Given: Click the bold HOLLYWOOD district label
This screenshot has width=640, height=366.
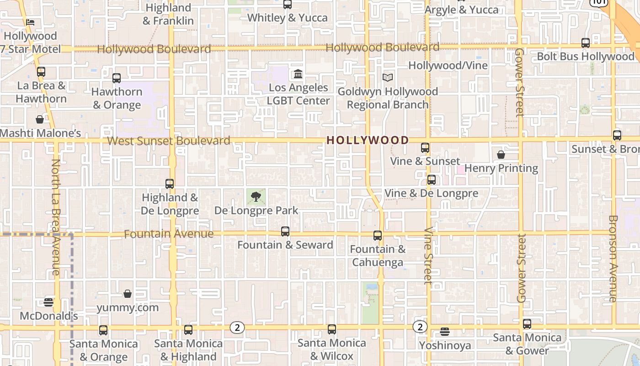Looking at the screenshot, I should tap(368, 140).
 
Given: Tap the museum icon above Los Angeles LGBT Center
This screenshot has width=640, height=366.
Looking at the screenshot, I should tap(298, 74).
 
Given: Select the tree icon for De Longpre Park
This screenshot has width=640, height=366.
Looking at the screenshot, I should tap(256, 197).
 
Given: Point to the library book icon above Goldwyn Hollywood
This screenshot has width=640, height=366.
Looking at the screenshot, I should tap(388, 78).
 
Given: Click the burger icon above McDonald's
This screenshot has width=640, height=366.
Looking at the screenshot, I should tap(48, 302).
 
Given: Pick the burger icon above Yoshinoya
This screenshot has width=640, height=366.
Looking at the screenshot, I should tap(445, 332).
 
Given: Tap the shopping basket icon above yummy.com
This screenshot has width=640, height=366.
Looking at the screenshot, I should tap(128, 293).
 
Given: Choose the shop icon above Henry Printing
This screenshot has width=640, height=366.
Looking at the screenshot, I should tap(501, 155).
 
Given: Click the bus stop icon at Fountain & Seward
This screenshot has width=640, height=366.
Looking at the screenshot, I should tap(285, 231).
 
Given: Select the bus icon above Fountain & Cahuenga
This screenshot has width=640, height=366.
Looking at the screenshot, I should tap(378, 236).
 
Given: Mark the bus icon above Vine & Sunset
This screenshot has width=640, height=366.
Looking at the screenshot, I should tap(425, 148).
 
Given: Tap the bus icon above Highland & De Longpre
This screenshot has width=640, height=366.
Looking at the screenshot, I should tap(170, 184).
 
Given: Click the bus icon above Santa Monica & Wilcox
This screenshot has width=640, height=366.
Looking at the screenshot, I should tap(332, 329).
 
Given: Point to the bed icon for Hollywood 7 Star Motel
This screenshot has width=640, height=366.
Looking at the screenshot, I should tap(30, 22).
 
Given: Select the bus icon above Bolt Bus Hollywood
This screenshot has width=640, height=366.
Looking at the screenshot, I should tap(586, 43).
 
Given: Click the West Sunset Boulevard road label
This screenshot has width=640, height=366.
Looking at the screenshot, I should tap(169, 140).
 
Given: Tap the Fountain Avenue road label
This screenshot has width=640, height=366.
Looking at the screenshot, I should tap(169, 234).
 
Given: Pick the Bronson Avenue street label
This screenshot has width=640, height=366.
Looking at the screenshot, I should tap(613, 258).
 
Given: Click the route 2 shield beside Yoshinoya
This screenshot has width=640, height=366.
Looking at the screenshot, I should tap(420, 327).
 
